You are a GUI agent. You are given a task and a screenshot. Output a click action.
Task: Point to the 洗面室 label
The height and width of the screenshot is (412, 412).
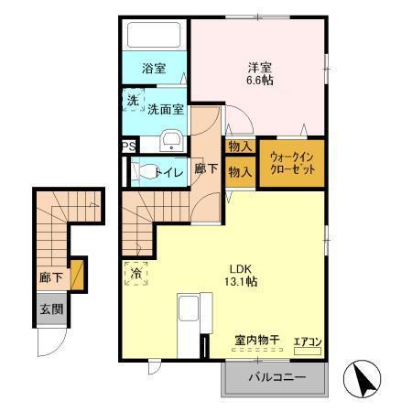point(166,108)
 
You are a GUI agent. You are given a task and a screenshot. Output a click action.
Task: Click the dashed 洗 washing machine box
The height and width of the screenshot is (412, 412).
point(134,101)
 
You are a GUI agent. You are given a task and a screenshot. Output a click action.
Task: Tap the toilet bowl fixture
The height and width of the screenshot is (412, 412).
point(144,170)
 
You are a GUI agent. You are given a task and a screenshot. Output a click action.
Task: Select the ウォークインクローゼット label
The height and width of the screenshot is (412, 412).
point(290,163)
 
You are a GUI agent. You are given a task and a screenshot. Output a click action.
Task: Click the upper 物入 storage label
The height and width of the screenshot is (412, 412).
point(240,146)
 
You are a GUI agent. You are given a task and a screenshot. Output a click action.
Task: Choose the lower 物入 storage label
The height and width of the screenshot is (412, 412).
point(240,171)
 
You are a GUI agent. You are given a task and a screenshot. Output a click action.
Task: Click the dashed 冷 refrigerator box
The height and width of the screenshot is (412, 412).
point(135,273)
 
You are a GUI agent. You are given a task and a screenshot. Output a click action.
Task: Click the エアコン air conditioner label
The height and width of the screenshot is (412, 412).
point(307,342)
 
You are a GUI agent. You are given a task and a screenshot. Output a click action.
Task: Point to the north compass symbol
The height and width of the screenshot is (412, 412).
point(362,377)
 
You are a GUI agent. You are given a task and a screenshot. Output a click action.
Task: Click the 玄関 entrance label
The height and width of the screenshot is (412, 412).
point(51,309)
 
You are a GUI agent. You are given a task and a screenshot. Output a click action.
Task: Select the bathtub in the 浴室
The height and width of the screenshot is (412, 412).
point(155,36)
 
